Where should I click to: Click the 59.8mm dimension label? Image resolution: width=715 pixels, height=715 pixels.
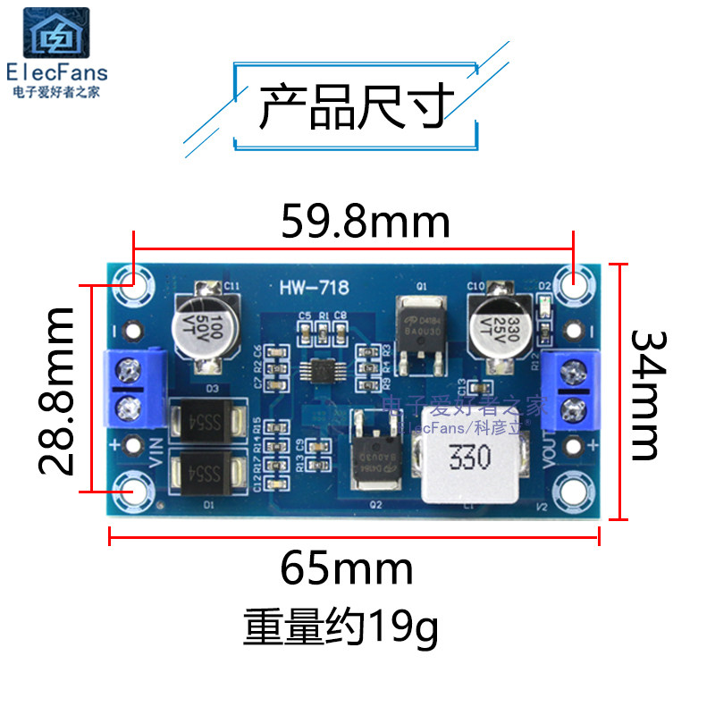pos(365,223)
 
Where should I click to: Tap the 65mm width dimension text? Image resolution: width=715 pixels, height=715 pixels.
pos(347,568)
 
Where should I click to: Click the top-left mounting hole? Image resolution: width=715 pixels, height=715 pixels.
pos(134,284)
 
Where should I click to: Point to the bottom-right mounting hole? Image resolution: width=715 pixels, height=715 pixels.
pos(573,488)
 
